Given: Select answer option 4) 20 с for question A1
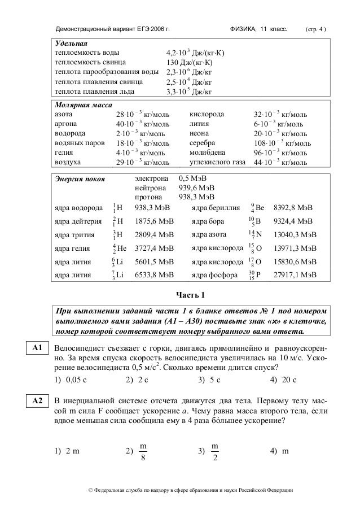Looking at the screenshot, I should click(283, 380).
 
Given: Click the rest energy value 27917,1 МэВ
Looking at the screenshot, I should click(295, 275).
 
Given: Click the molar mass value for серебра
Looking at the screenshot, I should click(282, 143).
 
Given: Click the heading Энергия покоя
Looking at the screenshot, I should click(78, 180).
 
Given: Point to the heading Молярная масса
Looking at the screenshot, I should click(83, 104).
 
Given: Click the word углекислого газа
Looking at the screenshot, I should click(217, 163).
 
